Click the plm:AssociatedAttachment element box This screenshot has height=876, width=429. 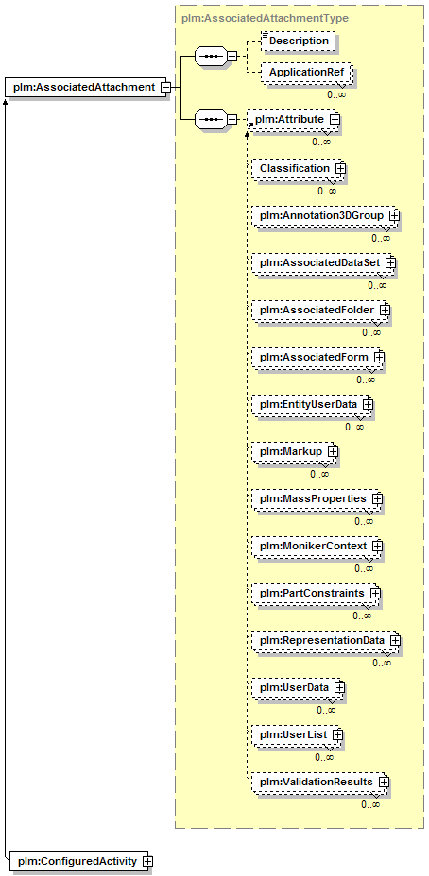(85, 87)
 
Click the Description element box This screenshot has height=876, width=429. (299, 42)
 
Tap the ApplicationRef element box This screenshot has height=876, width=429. (306, 73)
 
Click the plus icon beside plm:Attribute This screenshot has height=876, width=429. (335, 120)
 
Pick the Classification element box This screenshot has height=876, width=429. (297, 168)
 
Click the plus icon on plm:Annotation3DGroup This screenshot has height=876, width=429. (394, 215)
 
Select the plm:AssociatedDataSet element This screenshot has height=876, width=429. (322, 262)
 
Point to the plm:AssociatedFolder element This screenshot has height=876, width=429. (319, 309)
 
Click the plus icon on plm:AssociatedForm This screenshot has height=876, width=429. (379, 356)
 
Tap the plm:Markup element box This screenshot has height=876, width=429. (294, 450)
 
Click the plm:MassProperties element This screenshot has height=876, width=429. (316, 497)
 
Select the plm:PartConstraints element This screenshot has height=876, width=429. (315, 592)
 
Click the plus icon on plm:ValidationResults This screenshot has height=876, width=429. (383, 782)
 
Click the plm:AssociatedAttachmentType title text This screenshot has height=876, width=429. (266, 19)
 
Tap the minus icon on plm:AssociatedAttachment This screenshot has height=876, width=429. (165, 87)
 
